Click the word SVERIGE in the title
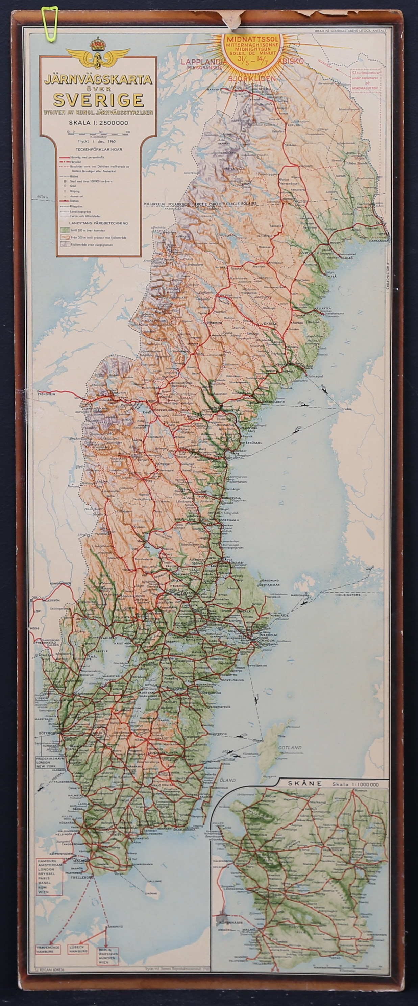[x=98, y=100]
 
